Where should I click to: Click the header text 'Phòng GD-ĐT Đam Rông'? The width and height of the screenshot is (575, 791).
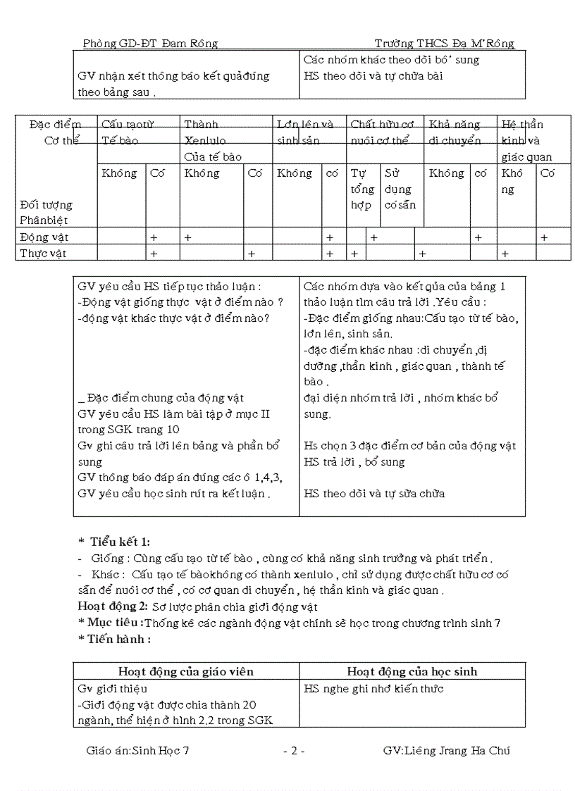click(150, 44)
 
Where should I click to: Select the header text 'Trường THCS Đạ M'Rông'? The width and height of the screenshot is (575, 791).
click(445, 44)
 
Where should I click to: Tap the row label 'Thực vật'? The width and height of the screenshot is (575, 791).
click(44, 254)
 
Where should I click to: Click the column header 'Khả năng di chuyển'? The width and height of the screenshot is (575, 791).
click(455, 132)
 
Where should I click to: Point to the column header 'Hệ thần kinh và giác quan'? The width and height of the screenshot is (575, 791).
click(526, 141)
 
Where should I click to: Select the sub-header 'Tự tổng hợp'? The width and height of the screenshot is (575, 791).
click(361, 189)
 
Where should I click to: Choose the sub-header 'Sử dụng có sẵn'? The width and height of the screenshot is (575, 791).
click(400, 189)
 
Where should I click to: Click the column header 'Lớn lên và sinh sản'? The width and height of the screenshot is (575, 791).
click(305, 132)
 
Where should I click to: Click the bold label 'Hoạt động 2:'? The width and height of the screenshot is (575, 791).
click(113, 606)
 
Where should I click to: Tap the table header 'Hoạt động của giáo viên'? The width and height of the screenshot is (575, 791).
click(185, 671)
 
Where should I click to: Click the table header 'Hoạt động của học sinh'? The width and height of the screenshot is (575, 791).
click(412, 671)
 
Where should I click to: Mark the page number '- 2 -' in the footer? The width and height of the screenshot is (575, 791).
click(293, 751)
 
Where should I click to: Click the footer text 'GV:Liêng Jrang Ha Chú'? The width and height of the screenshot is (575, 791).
click(446, 751)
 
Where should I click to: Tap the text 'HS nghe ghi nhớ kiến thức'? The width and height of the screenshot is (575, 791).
click(373, 689)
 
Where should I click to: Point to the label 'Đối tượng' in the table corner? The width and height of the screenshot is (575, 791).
click(47, 205)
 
